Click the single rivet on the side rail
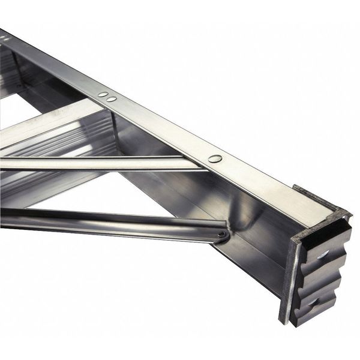pyautogui.click(x=215, y=159)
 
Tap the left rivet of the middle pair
pyautogui.click(x=103, y=95)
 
